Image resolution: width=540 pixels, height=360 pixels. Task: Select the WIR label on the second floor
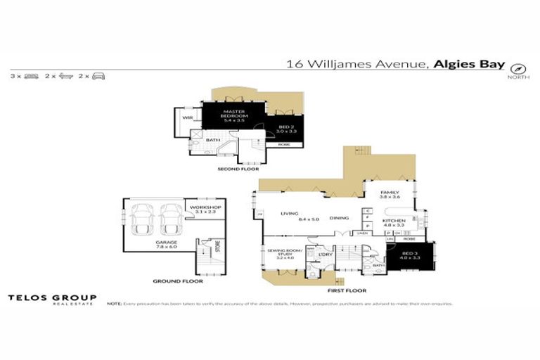tap(188, 117)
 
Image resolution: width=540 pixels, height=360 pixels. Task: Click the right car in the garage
tap(172, 219)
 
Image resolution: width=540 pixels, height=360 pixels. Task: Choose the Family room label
tap(390, 195)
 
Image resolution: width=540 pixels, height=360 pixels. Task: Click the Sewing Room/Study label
tap(280, 253)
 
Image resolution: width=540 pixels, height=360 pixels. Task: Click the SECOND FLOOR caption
tap(238, 169)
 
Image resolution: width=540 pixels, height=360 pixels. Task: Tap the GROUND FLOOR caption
tap(178, 281)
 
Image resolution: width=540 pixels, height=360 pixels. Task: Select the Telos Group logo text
tap(52, 299)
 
